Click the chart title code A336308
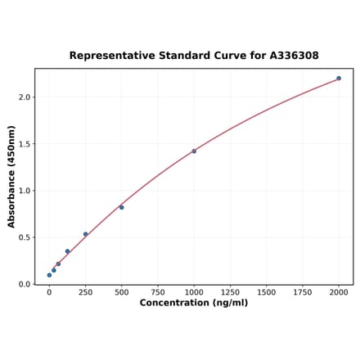(290, 56)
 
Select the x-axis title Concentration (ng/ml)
(193, 303)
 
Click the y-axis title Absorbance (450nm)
(11, 177)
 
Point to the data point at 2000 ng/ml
(339, 79)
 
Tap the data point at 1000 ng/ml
(194, 151)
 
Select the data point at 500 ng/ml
(122, 207)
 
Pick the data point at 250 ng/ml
(85, 234)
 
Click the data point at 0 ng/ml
(49, 275)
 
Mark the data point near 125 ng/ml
(67, 251)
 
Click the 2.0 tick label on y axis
(24, 97)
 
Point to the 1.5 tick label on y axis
(24, 144)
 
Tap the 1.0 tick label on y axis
(24, 191)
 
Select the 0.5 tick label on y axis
(24, 238)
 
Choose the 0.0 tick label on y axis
(24, 285)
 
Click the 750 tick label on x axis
(158, 291)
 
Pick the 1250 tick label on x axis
(230, 291)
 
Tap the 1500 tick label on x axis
(266, 291)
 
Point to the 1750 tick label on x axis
(303, 291)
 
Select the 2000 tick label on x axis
(339, 291)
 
